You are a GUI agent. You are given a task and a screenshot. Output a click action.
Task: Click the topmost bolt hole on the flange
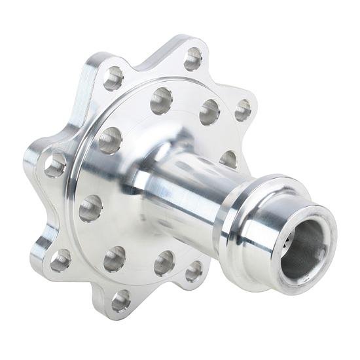pos(193,59)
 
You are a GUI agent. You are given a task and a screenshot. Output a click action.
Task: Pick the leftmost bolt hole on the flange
pos(55,165)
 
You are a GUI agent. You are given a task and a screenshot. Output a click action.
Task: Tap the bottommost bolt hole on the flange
pos(120,300)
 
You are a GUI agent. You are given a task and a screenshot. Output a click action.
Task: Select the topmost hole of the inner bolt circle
pos(161,100)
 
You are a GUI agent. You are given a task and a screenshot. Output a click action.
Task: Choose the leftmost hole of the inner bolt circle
pos(91,208)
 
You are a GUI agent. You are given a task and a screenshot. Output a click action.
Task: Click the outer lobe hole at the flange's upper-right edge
pos(243,110)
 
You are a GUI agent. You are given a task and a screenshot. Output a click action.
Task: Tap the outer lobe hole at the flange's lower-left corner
pos(60,260)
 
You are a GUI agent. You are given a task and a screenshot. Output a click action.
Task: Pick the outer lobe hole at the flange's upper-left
pos(113,79)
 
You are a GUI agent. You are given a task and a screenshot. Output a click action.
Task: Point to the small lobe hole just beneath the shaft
pos(194,271)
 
